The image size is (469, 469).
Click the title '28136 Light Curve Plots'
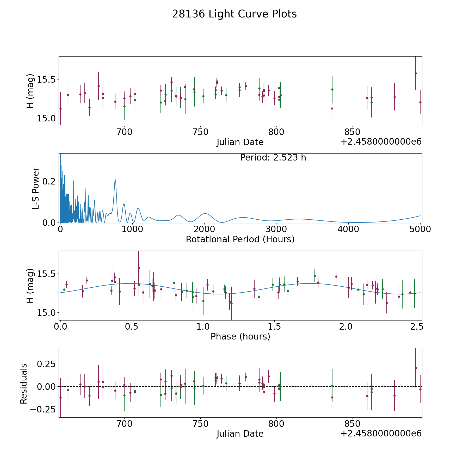tap(234, 14)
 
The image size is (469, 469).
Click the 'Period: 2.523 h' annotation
tap(273, 158)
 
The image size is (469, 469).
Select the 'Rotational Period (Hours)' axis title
tap(240, 239)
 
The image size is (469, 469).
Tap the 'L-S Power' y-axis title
tap(36, 188)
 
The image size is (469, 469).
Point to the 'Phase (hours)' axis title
tap(240, 336)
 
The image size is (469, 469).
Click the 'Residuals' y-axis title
tap(23, 384)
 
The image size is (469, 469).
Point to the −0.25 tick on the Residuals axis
tap(43, 409)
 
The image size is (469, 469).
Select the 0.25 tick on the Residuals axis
tap(46, 364)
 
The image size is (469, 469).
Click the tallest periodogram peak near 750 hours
tap(115, 180)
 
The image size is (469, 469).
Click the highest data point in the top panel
tap(416, 73)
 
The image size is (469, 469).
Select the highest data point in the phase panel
tap(139, 268)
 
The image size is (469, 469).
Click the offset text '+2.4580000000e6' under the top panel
tap(381, 142)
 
